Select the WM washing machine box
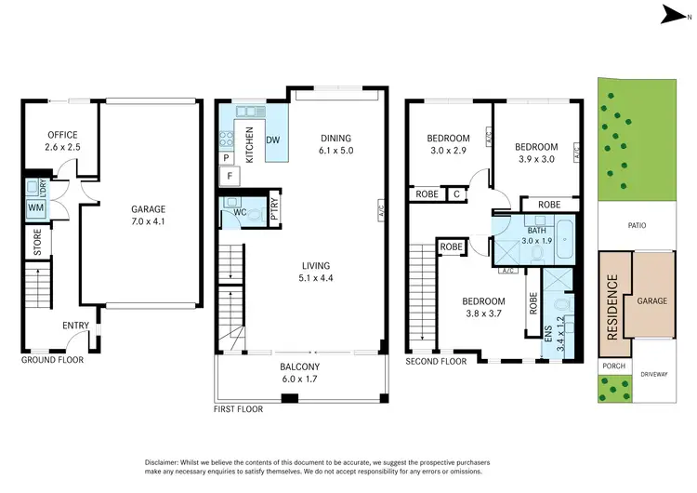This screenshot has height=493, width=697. (35, 207)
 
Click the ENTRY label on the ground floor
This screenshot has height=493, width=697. (75, 326)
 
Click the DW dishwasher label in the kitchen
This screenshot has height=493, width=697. (273, 140)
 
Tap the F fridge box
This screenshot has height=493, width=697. (229, 175)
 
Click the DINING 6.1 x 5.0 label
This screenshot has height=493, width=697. (335, 144)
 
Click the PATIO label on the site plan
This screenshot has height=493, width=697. (636, 225)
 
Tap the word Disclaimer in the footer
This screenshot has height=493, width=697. (167, 462)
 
